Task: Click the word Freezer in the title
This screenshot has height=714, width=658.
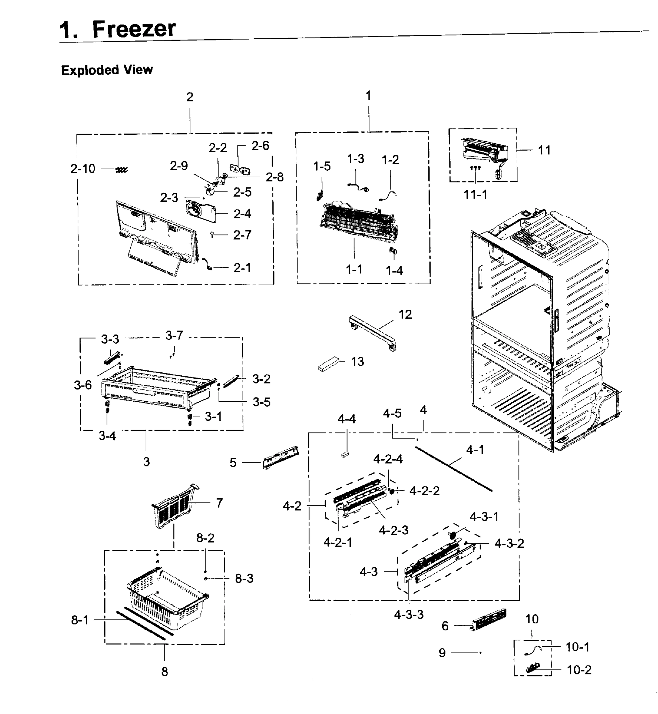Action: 134,29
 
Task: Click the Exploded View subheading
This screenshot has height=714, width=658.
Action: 107,70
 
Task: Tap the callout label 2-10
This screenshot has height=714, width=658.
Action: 83,168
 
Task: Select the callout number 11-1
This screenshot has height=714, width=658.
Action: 475,195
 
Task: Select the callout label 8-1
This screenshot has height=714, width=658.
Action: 80,620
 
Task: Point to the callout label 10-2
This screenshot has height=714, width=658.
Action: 579,670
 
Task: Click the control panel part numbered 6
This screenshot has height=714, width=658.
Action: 489,620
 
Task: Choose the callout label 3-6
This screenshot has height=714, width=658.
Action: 83,385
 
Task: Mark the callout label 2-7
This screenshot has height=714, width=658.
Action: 242,235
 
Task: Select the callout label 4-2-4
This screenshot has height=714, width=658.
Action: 388,459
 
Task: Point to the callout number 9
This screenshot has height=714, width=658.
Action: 442,653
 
